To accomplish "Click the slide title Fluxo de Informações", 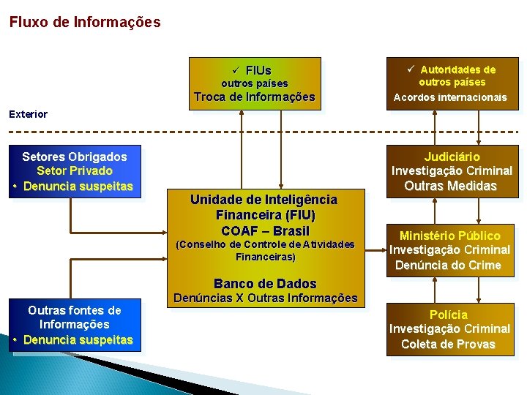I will (85, 22).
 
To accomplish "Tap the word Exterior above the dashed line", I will (28, 114).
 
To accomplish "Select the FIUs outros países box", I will (255, 83).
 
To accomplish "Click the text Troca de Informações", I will (255, 97).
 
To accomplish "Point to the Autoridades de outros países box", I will (451, 83).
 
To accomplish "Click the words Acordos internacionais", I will (450, 97).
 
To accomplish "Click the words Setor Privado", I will (75, 171).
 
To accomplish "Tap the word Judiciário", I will (452, 157).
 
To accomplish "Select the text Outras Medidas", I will (451, 186).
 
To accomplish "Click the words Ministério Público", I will (450, 236).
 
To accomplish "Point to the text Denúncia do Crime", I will (449, 265).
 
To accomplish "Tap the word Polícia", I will (449, 315).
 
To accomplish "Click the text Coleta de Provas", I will (448, 344).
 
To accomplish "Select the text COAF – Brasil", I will (265, 230).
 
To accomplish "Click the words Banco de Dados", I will (265, 283).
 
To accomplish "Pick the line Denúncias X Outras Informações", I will (265, 298).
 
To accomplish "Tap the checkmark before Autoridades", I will (411, 69).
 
